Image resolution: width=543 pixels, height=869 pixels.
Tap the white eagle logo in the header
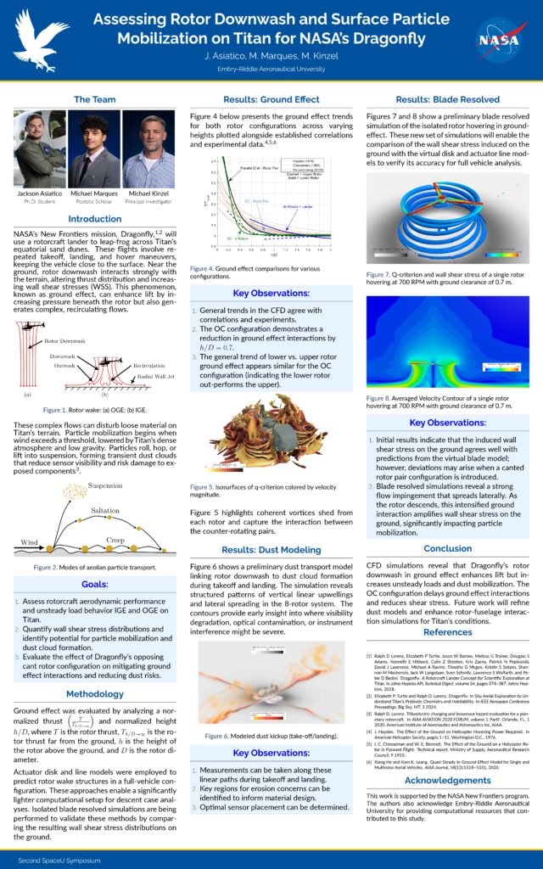[40, 39]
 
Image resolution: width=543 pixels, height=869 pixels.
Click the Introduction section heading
[94, 219]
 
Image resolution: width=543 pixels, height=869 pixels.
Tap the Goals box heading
[94, 585]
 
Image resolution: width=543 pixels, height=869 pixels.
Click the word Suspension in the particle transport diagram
[106, 486]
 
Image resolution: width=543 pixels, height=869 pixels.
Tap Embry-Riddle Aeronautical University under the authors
[271, 68]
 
